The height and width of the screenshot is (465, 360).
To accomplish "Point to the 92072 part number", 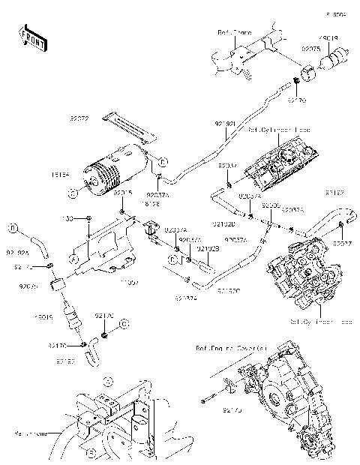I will coord(80,118).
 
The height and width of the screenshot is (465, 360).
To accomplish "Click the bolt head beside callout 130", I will coord(88,217).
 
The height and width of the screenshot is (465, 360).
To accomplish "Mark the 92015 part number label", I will coord(123,193).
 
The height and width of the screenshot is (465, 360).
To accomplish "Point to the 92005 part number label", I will coord(271,204).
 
